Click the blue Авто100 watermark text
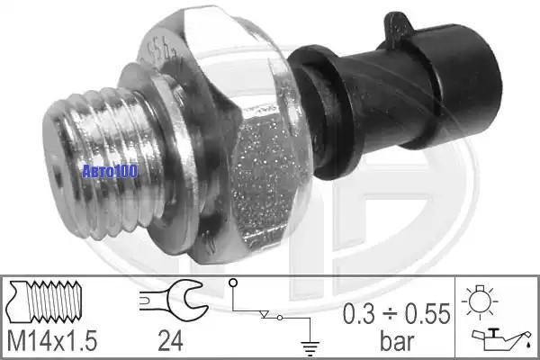tap(110, 171)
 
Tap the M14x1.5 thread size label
tap(52, 341)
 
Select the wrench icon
tap(174, 301)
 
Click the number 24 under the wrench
tap(170, 341)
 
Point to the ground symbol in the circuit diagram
tap(310, 348)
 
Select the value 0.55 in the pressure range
tap(427, 314)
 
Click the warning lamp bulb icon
tap(480, 301)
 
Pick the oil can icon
tap(501, 339)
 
